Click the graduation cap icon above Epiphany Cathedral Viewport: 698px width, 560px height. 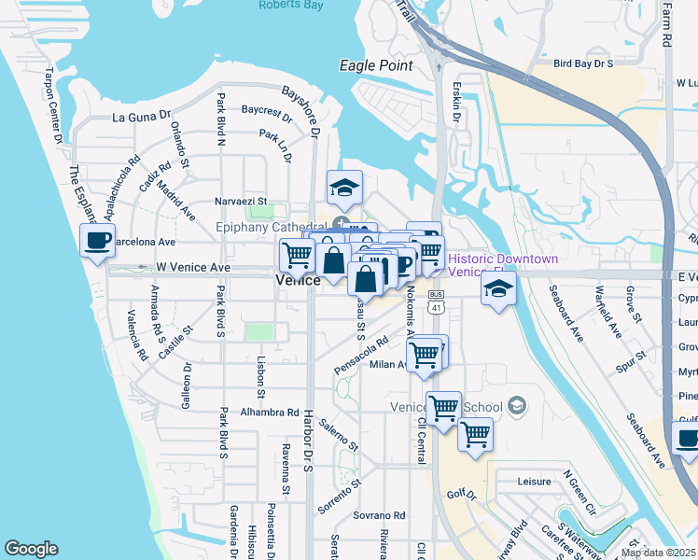[x=343, y=188]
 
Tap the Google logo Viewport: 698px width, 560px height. [x=31, y=549]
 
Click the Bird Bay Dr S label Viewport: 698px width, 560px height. [x=583, y=63]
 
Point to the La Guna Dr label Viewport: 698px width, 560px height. [x=143, y=117]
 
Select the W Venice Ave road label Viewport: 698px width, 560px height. [x=192, y=267]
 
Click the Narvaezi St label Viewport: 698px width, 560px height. [x=242, y=201]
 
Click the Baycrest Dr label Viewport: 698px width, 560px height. [x=267, y=110]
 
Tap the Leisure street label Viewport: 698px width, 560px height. [x=535, y=483]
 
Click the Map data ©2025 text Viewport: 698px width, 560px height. [x=659, y=553]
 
